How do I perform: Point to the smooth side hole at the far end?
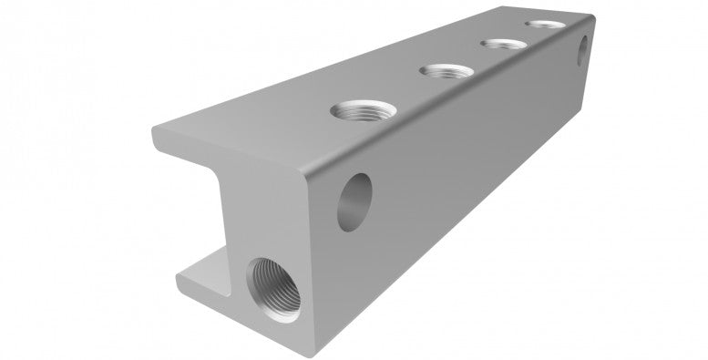click(x=584, y=49)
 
